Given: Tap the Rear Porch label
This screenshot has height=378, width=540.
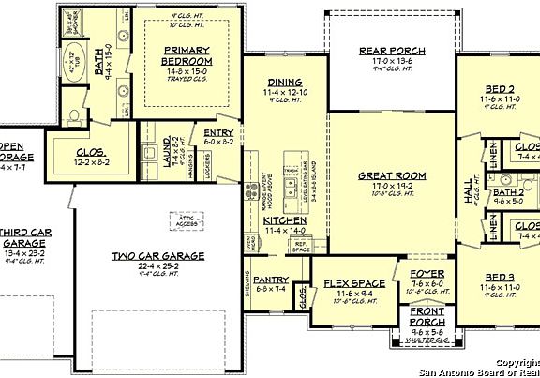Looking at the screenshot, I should pyautogui.click(x=393, y=51).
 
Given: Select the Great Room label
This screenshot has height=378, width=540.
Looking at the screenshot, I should pyautogui.click(x=392, y=175).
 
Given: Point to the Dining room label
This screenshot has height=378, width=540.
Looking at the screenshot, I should pyautogui.click(x=284, y=83).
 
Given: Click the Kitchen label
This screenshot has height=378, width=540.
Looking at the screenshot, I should pyautogui.click(x=285, y=219).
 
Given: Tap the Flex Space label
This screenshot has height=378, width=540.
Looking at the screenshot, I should pyautogui.click(x=354, y=282).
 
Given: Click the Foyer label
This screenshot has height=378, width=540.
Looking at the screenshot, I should pyautogui.click(x=427, y=274).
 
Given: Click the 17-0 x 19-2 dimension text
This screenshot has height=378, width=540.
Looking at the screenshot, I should pyautogui.click(x=392, y=186).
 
